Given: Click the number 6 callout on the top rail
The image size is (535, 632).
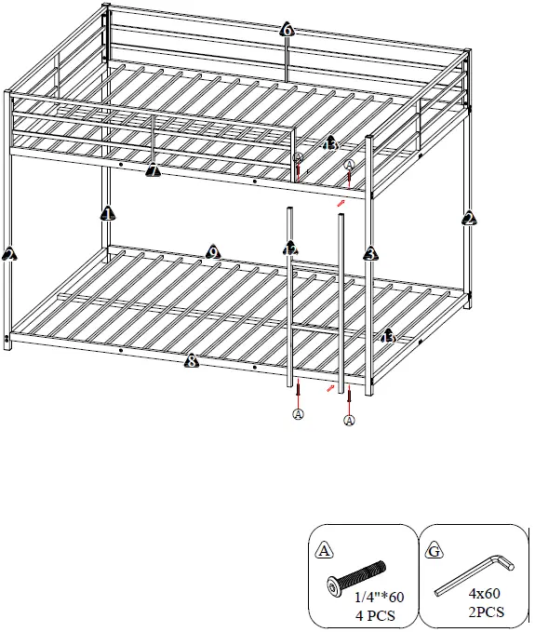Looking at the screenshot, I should click(287, 30).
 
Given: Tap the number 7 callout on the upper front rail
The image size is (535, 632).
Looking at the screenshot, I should click(154, 170).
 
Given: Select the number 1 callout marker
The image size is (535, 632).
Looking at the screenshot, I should click(107, 213).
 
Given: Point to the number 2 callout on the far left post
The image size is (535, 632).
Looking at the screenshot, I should click(9, 253).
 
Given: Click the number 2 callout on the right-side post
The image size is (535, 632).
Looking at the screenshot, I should click(469, 219).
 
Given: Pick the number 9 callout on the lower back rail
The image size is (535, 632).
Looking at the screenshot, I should click(212, 251).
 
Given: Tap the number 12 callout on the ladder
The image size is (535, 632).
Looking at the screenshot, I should click(290, 249).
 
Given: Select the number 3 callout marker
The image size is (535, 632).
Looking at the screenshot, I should click(369, 253).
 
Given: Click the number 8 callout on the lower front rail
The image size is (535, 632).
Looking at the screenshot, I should click(191, 361).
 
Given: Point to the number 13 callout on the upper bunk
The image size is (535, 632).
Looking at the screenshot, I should click(329, 143).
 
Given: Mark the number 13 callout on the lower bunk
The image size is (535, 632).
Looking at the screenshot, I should click(388, 335).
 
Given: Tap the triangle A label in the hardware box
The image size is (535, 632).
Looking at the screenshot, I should click(324, 550).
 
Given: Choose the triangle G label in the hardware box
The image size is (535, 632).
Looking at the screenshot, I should click(434, 550).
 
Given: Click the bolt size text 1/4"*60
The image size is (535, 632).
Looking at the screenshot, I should click(374, 598).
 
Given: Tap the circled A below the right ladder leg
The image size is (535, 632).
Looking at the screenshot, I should click(350, 421).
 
